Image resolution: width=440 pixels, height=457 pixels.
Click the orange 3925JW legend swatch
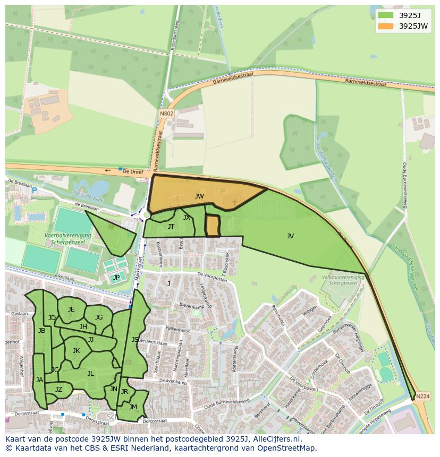tap(386, 26)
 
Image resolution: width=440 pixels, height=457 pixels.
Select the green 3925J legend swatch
tap(386, 15)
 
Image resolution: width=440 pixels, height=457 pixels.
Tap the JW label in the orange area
tap(199, 196)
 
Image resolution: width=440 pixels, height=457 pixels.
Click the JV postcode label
tap(290, 236)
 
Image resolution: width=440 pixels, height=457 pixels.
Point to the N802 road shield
tap(166, 114)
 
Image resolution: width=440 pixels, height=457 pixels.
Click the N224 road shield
tap(422, 396)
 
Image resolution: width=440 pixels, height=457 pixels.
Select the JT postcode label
tap(171, 227)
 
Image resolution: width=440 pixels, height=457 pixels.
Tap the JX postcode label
tap(187, 218)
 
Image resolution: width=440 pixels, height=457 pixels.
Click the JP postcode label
tap(116, 277)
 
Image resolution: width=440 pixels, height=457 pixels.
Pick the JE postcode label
tap(71, 309)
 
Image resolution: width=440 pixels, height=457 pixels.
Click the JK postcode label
tap(76, 351)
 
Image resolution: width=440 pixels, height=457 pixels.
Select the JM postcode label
tap(133, 407)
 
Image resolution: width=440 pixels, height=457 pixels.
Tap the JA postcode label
tap(39, 380)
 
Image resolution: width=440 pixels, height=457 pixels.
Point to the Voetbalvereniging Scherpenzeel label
tap(67, 238)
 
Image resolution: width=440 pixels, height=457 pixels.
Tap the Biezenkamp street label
tap(192, 306)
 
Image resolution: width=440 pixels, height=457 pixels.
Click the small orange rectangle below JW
tap(213, 226)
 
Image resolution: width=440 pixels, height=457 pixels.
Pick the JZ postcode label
tap(58, 390)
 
